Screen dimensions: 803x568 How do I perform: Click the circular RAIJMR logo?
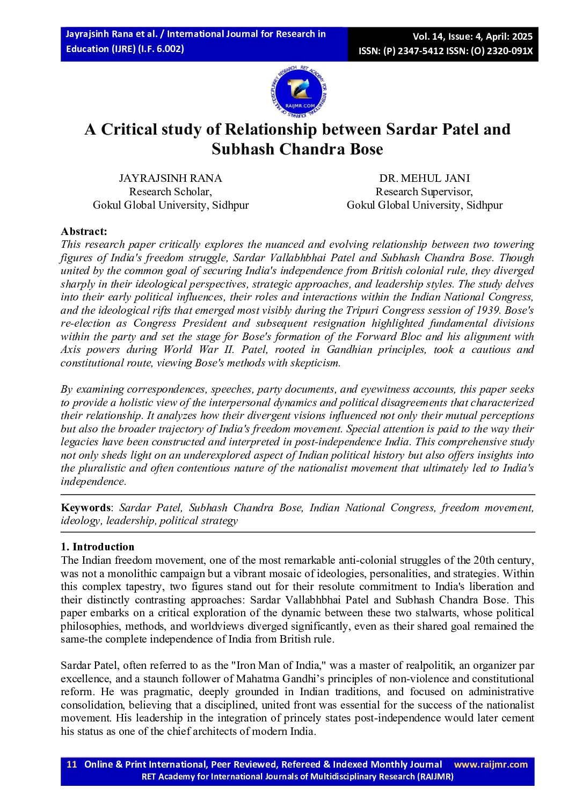click(299, 93)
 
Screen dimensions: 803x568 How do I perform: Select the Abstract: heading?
click(84, 231)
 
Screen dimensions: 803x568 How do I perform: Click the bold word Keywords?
click(85, 507)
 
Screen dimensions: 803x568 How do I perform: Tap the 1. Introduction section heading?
click(97, 547)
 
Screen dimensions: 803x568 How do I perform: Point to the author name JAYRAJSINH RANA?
click(170, 178)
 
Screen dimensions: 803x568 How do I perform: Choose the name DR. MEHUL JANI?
click(424, 178)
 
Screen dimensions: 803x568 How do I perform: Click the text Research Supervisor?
click(424, 191)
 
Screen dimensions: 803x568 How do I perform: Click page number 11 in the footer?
click(72, 764)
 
